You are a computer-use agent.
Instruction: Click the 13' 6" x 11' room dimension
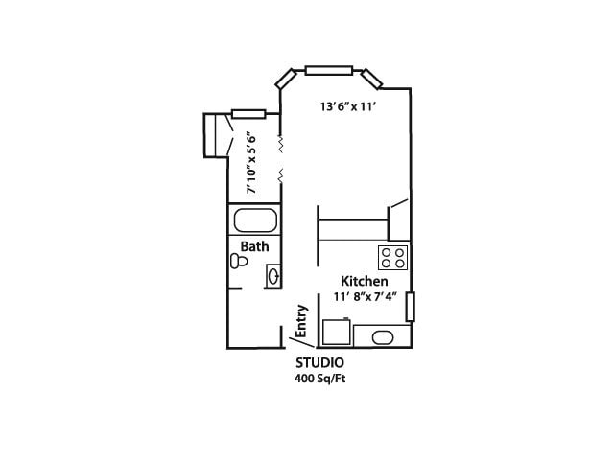(x=347, y=107)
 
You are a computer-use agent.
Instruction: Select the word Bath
(x=254, y=246)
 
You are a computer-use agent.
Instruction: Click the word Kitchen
(x=365, y=282)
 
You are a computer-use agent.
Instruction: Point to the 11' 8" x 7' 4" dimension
(x=365, y=297)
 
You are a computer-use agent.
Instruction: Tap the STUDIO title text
(x=319, y=364)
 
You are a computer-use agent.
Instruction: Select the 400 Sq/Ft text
(x=319, y=379)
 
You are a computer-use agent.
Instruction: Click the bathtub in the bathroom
(x=254, y=221)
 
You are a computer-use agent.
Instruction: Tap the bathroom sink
(x=272, y=277)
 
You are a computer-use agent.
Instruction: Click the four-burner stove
(x=393, y=257)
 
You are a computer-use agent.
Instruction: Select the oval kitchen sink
(x=382, y=337)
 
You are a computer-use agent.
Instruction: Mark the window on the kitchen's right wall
(x=410, y=307)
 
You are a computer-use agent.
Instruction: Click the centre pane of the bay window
(x=328, y=69)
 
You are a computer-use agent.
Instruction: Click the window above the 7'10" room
(x=248, y=114)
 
